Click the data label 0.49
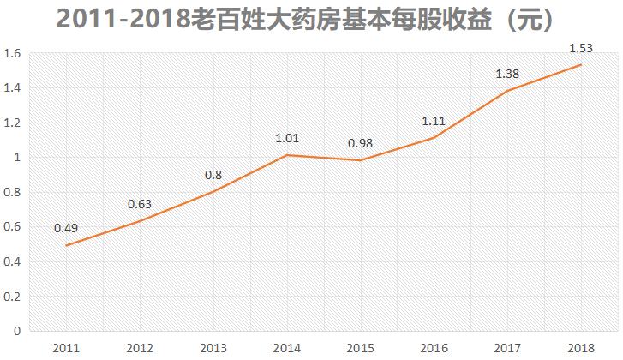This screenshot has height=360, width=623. tap(65, 228)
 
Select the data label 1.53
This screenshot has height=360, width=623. tap(581, 49)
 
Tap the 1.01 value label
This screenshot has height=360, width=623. tap(286, 137)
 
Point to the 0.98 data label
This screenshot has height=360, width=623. tap(360, 143)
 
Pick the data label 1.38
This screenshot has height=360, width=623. tap(507, 75)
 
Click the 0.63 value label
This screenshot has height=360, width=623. tap(139, 204)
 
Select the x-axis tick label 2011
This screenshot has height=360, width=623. tap(65, 347)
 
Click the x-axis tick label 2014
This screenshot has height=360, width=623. tap(286, 347)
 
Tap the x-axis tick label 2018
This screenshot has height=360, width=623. tap(581, 347)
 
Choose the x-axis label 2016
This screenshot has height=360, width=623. tap(434, 347)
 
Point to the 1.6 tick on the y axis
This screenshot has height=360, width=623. tap(12, 53)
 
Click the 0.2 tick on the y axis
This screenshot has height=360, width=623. tap(12, 297)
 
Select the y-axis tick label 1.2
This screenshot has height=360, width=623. tap(12, 123)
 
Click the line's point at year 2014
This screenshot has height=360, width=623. tap(286, 155)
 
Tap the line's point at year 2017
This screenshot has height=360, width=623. tap(507, 91)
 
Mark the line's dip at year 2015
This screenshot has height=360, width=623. tap(360, 160)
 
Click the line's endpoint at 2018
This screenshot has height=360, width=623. tap(581, 65)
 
